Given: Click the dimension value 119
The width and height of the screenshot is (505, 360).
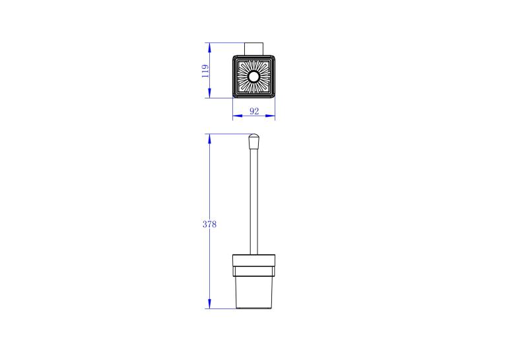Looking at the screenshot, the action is [x=205, y=71].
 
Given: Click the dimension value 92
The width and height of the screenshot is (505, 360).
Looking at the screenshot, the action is [x=254, y=111].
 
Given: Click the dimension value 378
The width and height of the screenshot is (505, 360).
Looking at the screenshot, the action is [x=209, y=225].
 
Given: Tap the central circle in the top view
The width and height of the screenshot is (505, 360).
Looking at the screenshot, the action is [x=253, y=77].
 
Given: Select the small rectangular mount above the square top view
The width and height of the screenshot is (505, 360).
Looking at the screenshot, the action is [x=253, y=49].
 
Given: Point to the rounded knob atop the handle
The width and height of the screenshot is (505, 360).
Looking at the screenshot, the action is [x=253, y=141].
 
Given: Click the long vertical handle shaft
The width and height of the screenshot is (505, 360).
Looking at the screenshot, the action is [x=253, y=201].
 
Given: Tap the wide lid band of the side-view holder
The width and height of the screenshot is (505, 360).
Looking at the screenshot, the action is [x=253, y=260].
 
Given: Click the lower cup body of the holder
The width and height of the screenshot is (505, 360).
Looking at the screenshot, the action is [x=253, y=293].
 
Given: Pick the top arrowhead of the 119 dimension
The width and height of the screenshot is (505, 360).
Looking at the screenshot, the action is [x=209, y=48].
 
